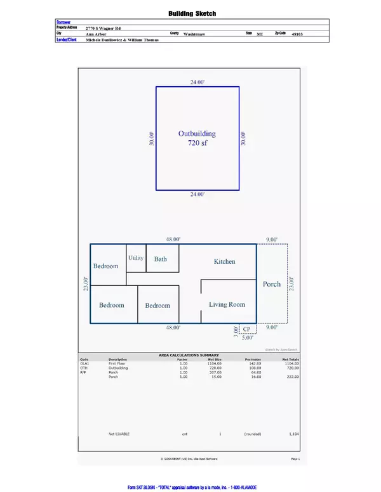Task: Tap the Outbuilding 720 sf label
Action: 197,139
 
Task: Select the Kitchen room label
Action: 224,261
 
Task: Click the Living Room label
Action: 227,304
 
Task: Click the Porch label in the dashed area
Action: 272,284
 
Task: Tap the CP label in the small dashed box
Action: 248,329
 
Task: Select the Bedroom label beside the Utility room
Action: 106,266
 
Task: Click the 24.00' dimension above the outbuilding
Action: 197,82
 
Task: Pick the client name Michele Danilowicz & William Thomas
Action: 121,39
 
